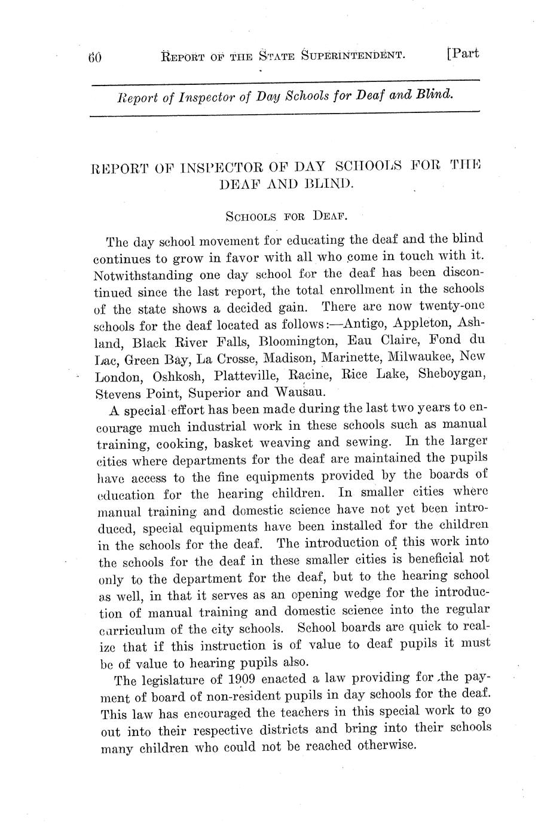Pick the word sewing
point(369,442)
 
